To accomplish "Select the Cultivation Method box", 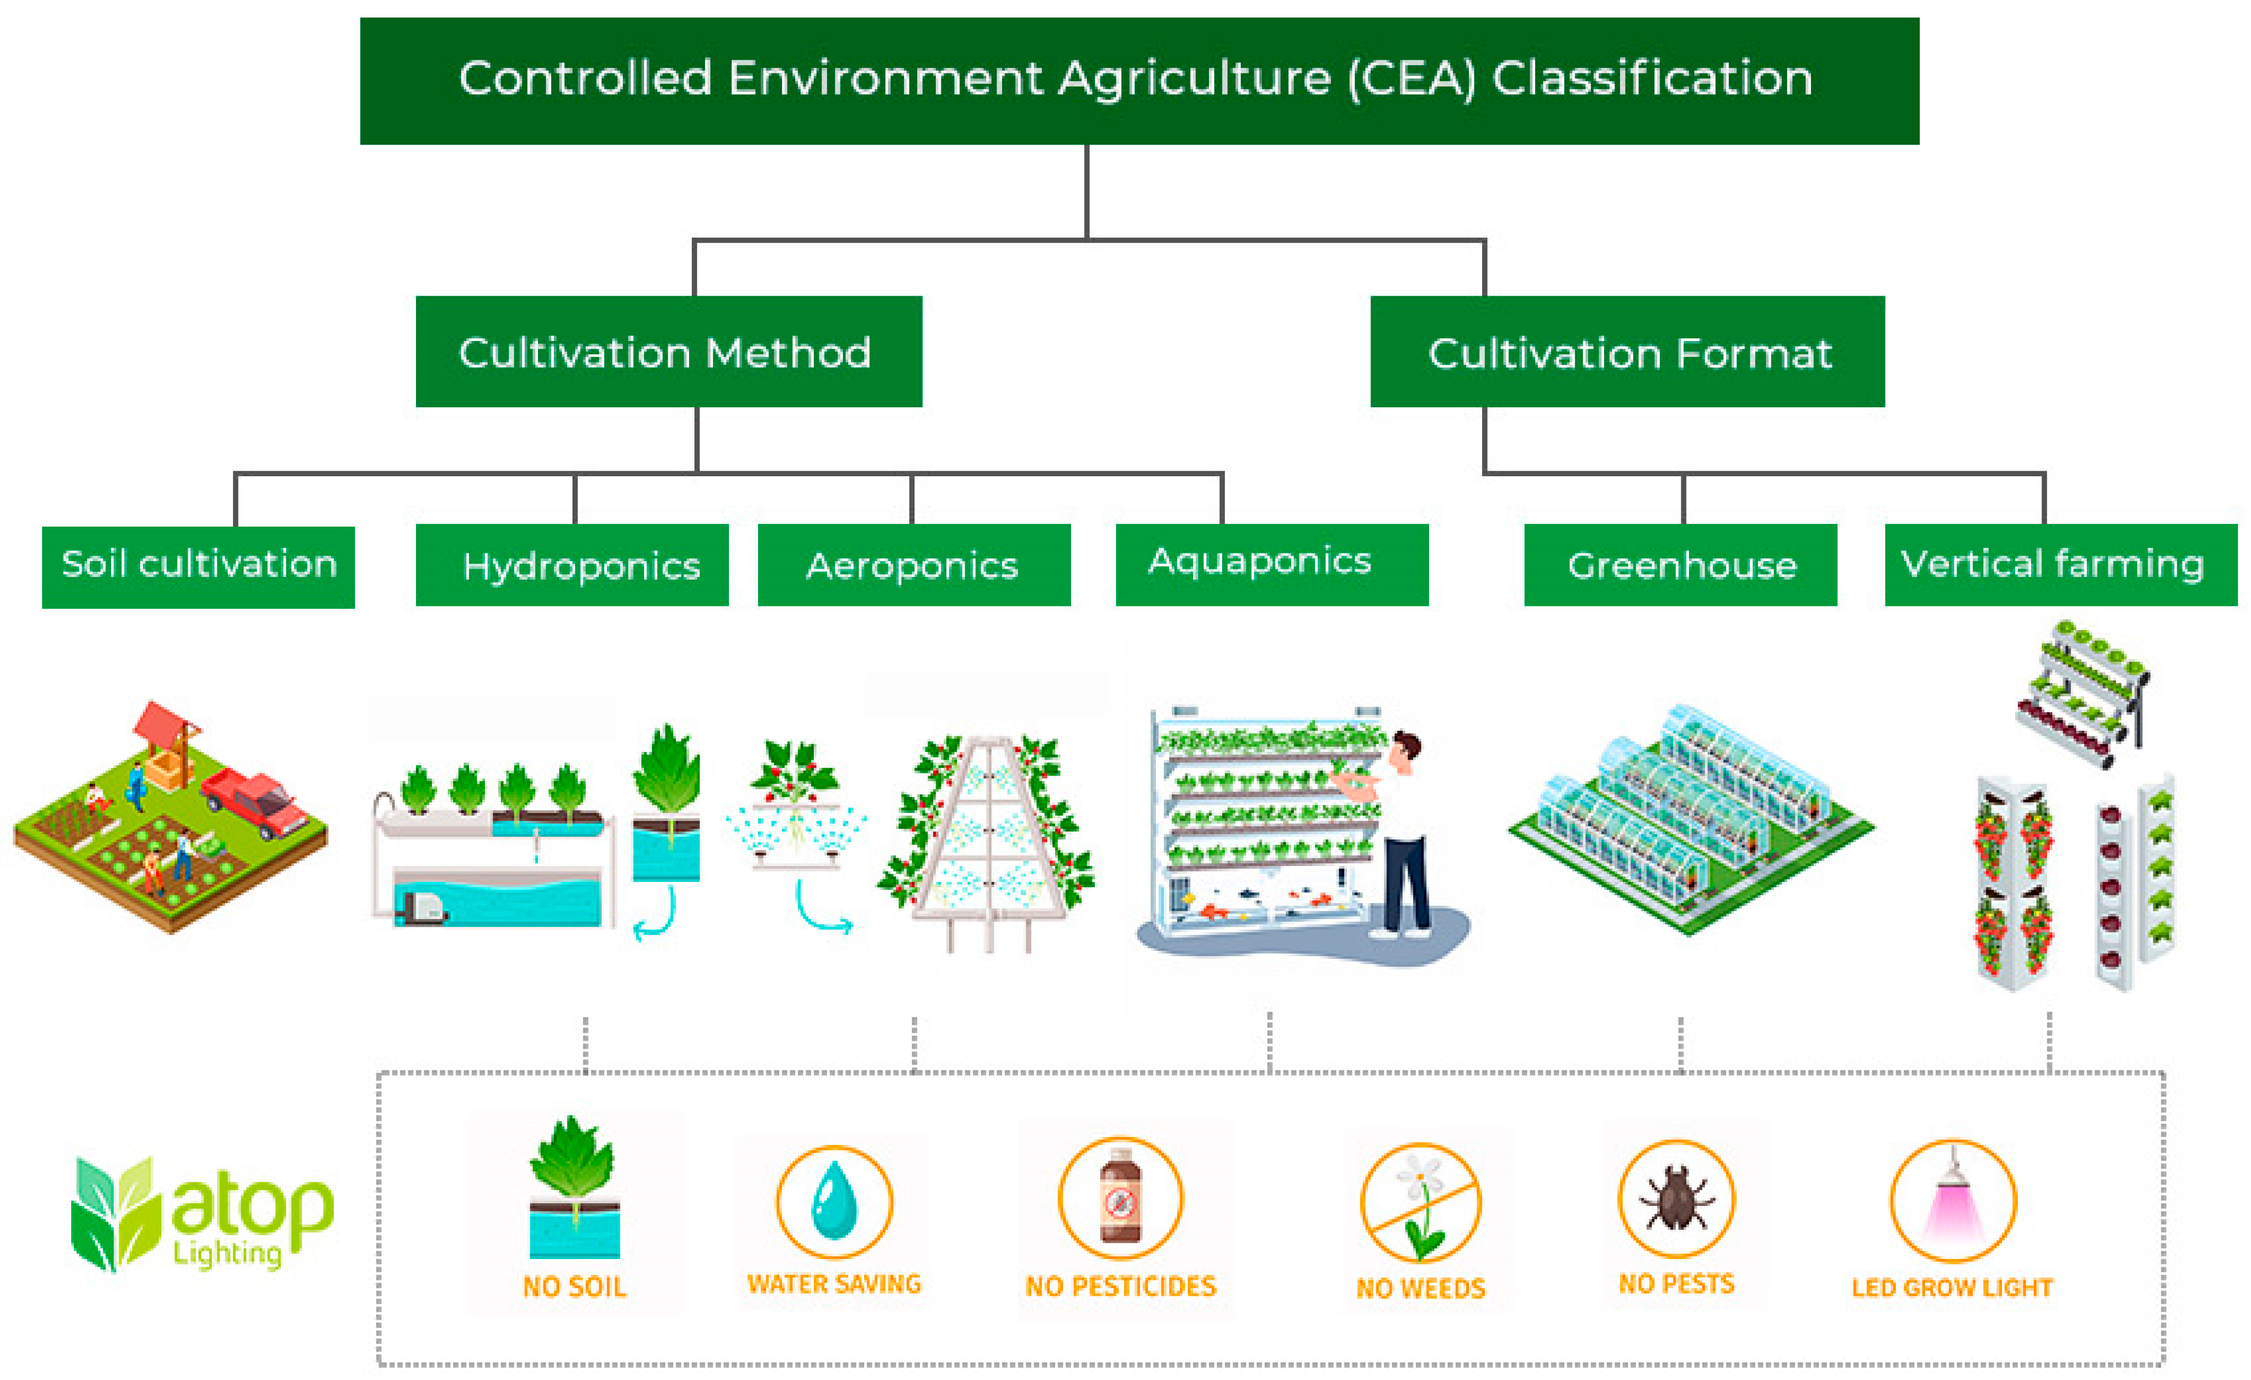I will tap(668, 352).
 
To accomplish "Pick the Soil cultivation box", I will tap(198, 567).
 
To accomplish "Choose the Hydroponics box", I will tap(572, 565).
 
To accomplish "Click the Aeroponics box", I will tap(913, 565).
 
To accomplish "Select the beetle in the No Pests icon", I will tap(1675, 1197).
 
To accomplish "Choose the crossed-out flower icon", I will tap(1420, 1201).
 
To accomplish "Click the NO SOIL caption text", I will tap(574, 1287).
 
